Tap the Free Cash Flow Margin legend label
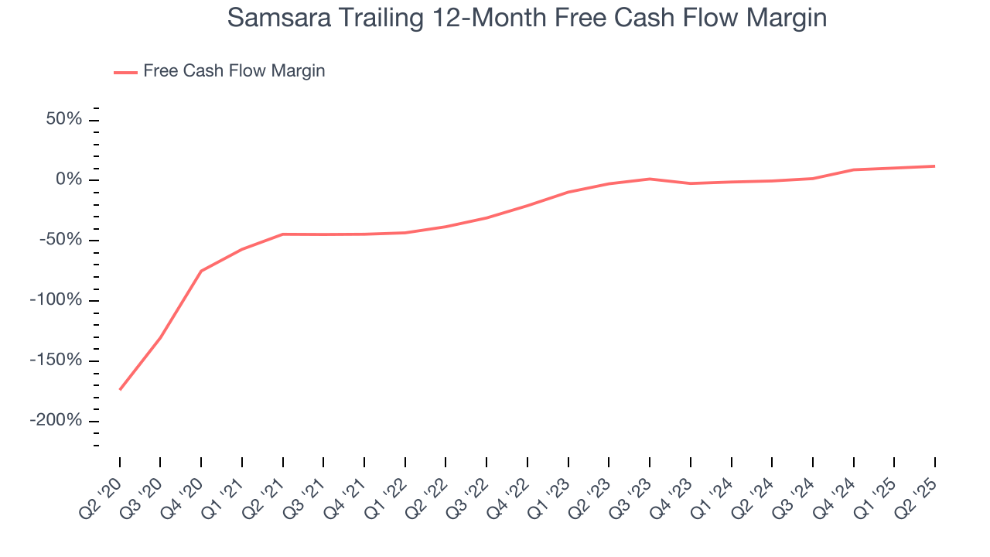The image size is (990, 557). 234,71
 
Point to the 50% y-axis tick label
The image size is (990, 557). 63,120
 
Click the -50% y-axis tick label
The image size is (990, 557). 60,241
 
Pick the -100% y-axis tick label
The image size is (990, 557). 56,300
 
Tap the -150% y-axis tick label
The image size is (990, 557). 56,361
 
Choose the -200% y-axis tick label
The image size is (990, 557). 56,421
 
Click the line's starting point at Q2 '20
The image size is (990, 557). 120,389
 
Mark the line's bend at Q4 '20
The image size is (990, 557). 201,271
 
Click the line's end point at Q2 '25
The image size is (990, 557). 934,166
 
